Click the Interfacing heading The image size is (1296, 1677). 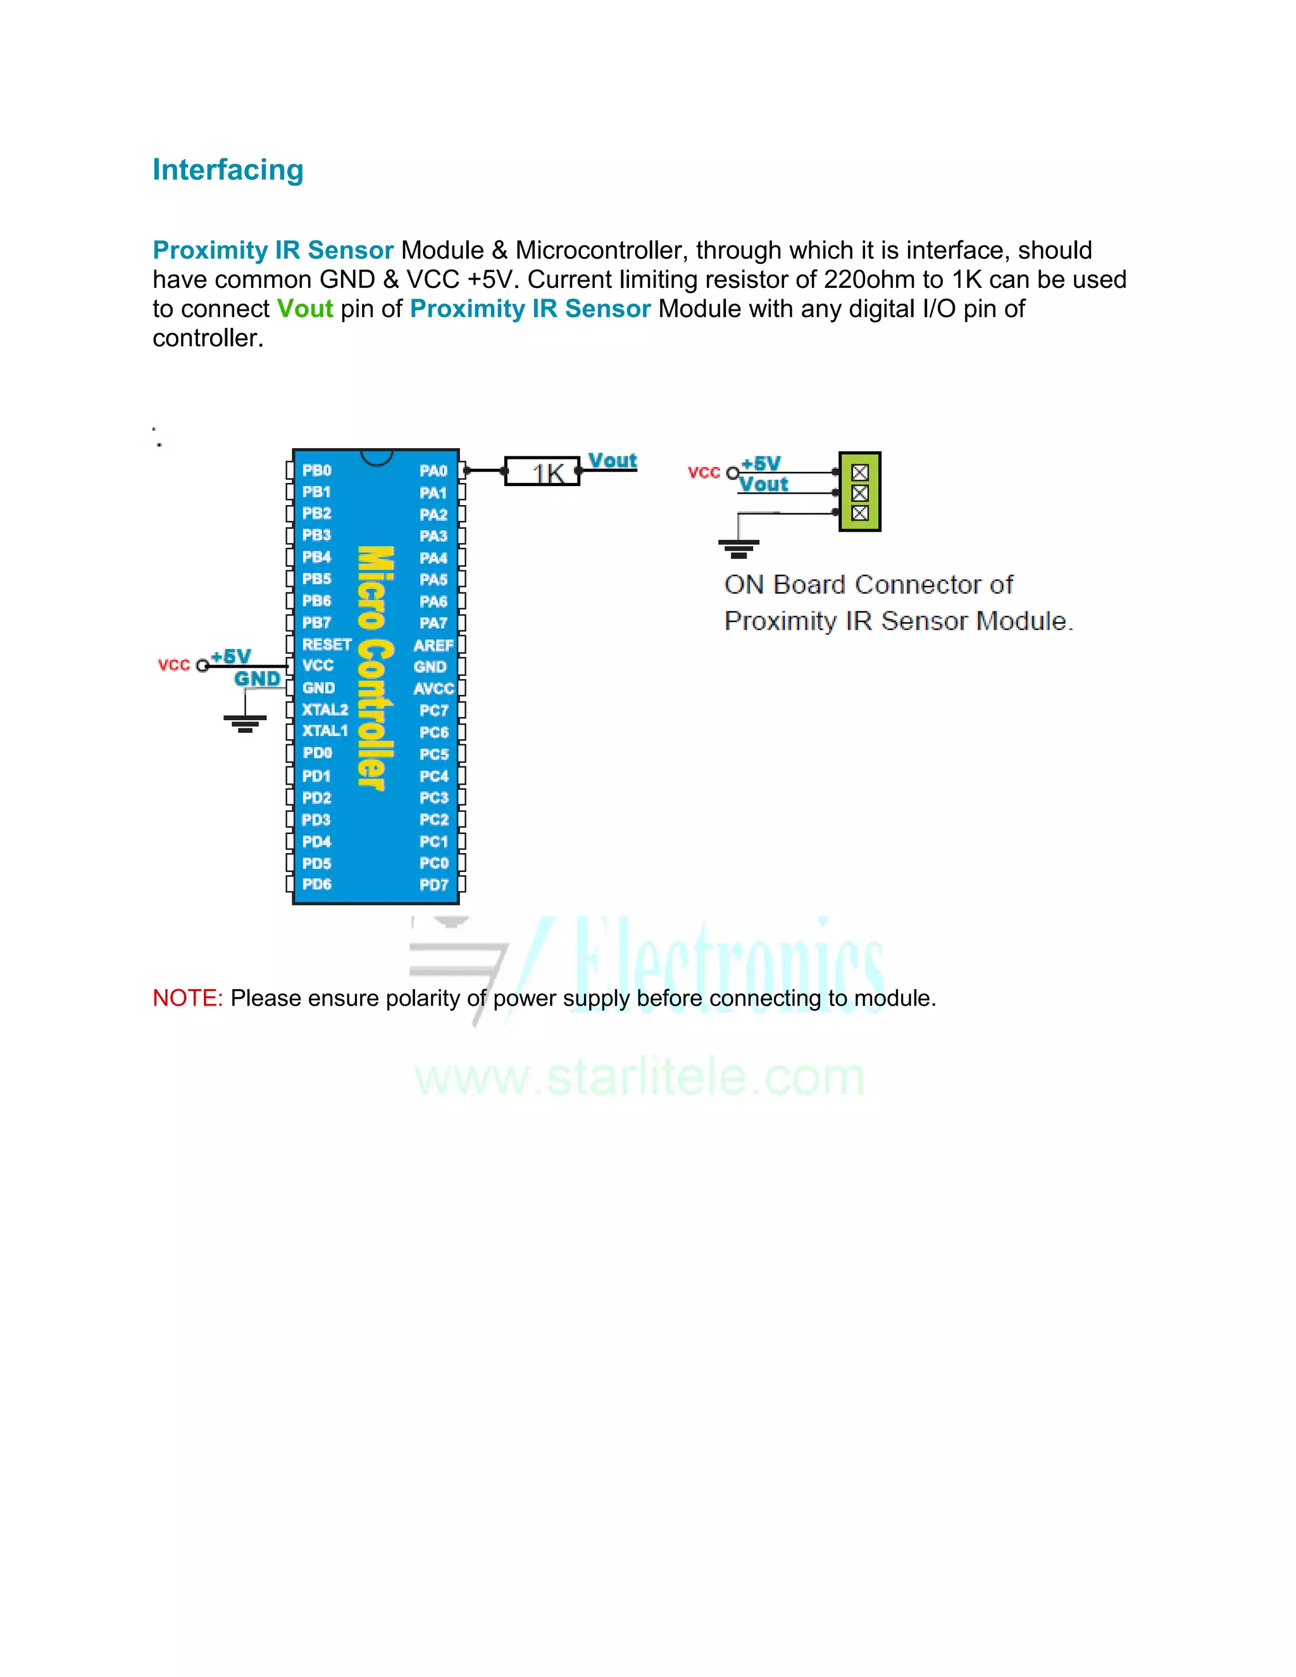(x=228, y=170)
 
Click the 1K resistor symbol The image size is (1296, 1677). (x=542, y=471)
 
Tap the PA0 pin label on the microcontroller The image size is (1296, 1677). (x=433, y=471)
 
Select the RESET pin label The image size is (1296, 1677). (x=327, y=644)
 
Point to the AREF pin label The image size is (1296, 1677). (x=433, y=645)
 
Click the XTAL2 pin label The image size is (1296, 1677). (x=325, y=709)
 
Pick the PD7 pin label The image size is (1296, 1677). (x=433, y=885)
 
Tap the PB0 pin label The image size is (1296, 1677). (x=316, y=470)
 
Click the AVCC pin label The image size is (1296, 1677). (x=433, y=689)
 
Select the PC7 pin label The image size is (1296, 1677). (x=433, y=710)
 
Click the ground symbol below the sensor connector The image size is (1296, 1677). (x=738, y=548)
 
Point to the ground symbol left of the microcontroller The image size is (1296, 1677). (x=245, y=723)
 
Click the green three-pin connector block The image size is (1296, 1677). (x=860, y=492)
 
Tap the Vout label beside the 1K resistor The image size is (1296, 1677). (x=613, y=461)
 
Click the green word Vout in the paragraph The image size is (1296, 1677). (x=305, y=309)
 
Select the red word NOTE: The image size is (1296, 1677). (x=187, y=997)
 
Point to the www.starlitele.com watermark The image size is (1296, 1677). (x=640, y=1076)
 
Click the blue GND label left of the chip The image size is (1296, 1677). (x=257, y=679)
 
